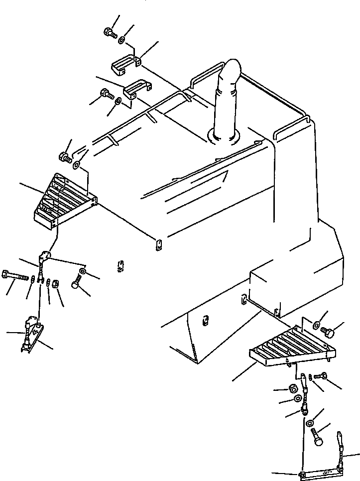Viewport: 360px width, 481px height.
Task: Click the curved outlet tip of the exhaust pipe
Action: (233, 67)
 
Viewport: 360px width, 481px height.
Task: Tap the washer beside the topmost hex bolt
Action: (122, 39)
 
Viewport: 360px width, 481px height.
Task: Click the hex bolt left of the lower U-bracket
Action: (106, 93)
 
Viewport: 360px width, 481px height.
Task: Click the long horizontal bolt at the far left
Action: (14, 275)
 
